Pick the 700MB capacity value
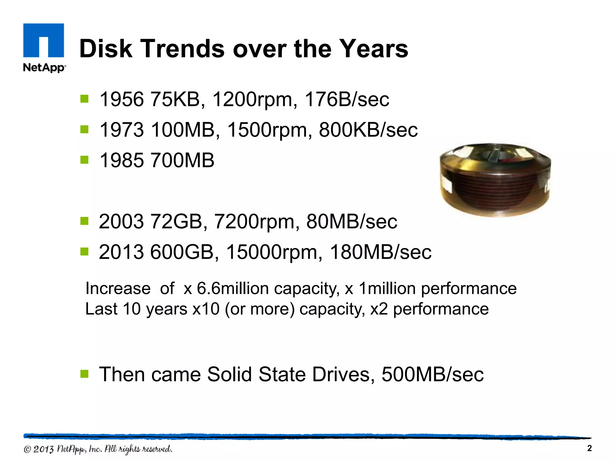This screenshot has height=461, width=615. coord(182,160)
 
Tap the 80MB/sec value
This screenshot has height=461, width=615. coord(352,221)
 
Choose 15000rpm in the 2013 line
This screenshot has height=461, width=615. coord(274,252)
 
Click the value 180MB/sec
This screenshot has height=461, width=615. coord(380,252)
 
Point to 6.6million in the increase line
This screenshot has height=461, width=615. coord(233,288)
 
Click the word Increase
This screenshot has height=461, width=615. coord(118,288)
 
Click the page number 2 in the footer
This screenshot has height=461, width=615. coord(589,448)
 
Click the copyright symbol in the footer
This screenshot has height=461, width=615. coord(27,449)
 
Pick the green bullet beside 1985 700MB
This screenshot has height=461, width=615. coord(84,160)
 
